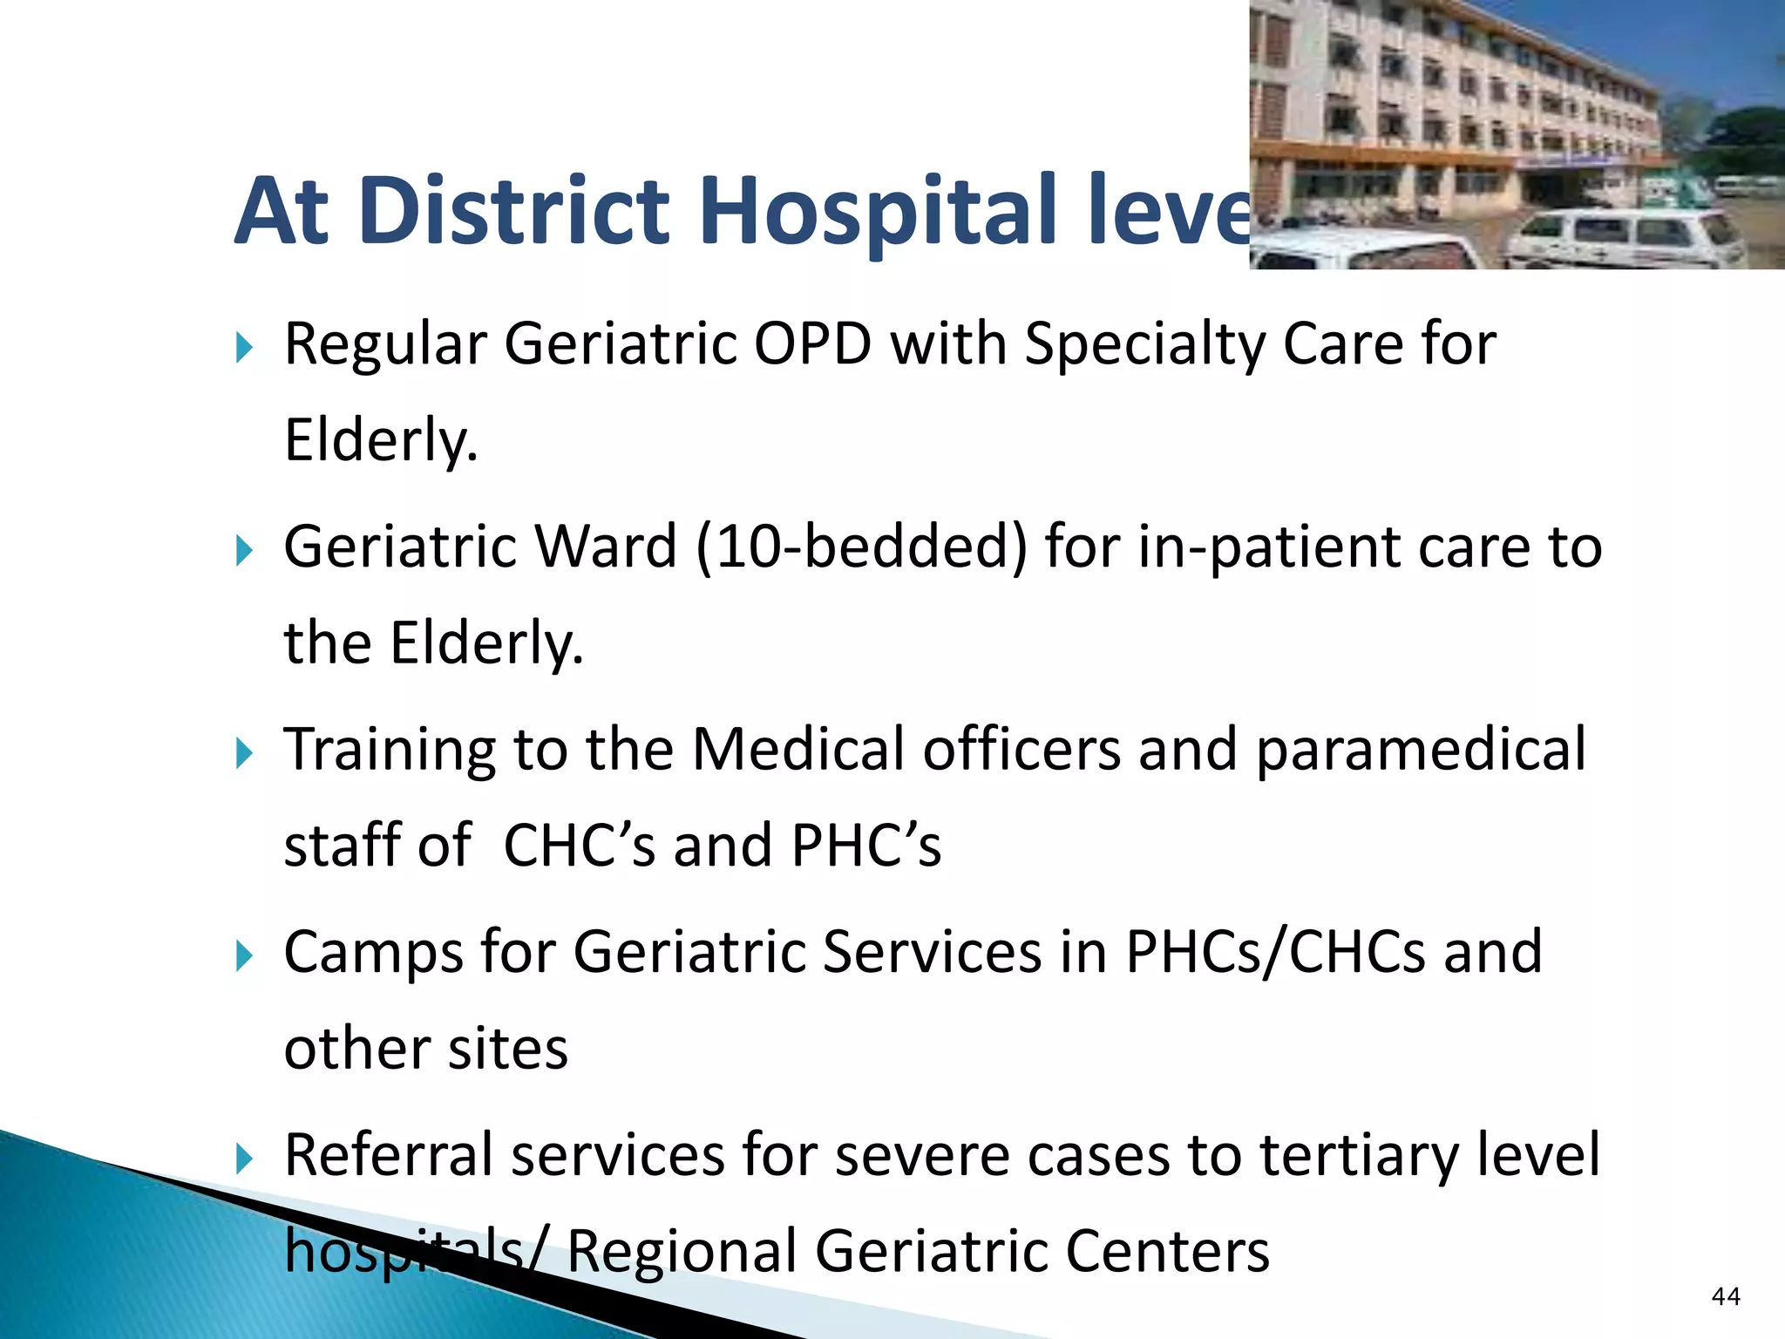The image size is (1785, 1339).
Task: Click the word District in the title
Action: (514, 211)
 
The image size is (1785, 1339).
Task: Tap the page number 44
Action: (1726, 1296)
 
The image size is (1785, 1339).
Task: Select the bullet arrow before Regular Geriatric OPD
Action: (244, 349)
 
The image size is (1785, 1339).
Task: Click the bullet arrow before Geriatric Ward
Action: (244, 551)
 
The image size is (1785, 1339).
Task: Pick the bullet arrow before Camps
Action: (244, 957)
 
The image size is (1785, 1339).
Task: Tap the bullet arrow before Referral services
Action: (244, 1159)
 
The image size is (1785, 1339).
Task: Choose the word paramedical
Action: (1421, 750)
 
